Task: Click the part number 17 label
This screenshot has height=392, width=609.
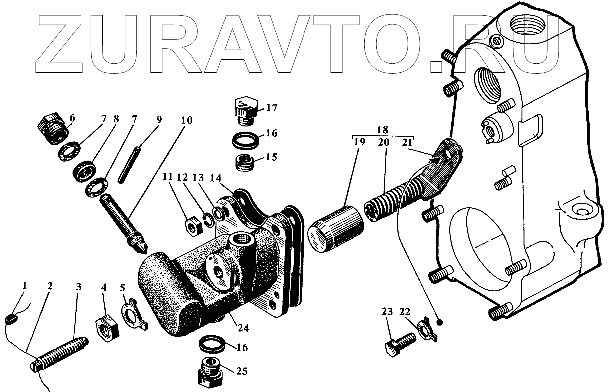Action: [x=271, y=108]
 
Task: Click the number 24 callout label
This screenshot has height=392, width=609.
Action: [x=244, y=329]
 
